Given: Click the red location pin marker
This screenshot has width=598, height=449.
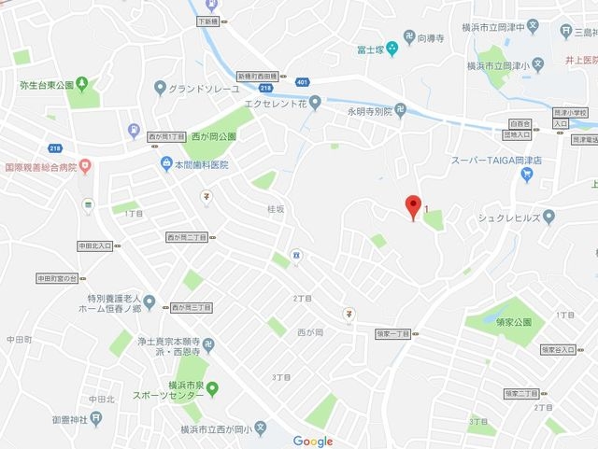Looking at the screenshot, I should (x=411, y=207).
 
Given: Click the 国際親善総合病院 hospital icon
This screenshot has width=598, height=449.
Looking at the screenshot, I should (x=85, y=167).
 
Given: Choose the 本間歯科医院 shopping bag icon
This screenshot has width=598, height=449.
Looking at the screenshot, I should (x=165, y=164).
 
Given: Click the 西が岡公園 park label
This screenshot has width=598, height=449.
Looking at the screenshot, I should (x=213, y=136).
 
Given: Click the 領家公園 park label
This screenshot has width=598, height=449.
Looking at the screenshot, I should (x=507, y=321).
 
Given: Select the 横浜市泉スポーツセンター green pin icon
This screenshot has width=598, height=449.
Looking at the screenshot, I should (x=213, y=387).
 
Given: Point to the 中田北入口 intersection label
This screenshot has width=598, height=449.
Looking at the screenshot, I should (x=93, y=246).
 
